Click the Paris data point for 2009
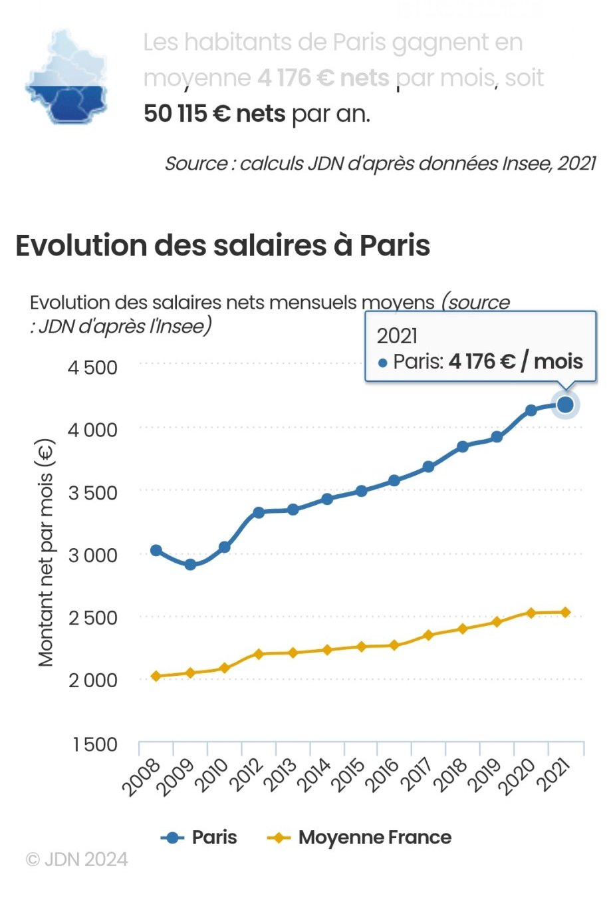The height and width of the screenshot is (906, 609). click(x=190, y=565)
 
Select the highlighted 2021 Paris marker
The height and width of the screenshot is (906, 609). click(x=566, y=404)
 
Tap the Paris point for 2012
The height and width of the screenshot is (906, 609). click(x=259, y=512)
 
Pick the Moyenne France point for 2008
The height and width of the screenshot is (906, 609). click(x=156, y=677)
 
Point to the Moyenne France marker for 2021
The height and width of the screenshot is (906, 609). click(x=566, y=612)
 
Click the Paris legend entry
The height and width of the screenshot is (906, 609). click(x=199, y=837)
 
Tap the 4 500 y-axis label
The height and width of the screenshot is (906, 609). click(x=92, y=367)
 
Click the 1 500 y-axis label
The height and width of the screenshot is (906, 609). click(x=94, y=744)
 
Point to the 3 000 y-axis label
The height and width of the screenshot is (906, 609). click(x=92, y=555)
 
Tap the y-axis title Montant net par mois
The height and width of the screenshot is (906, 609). click(x=45, y=552)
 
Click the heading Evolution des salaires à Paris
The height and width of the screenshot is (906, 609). click(x=223, y=245)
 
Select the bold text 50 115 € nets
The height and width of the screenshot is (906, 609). click(x=214, y=114)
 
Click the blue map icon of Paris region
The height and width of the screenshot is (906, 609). click(x=66, y=78)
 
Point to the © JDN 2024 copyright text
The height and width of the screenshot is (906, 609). click(x=76, y=859)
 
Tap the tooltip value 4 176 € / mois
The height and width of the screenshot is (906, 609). click(x=515, y=361)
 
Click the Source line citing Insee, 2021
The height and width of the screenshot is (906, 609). click(x=380, y=163)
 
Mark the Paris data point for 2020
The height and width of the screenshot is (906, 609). click(x=531, y=410)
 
